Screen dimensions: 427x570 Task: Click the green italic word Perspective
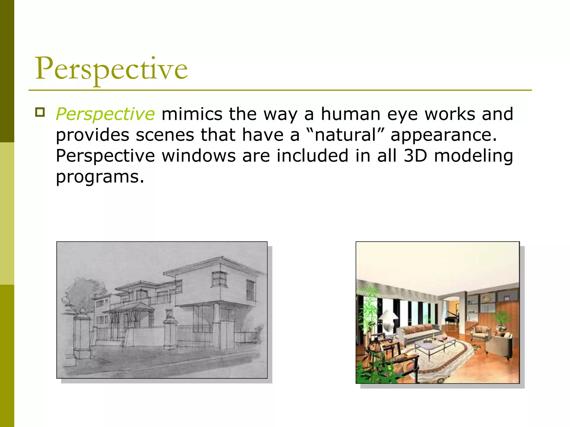[x=105, y=114]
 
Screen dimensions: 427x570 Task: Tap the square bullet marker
[x=40, y=113]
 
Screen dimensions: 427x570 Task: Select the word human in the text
[x=350, y=114]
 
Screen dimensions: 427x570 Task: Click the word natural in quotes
[x=345, y=135]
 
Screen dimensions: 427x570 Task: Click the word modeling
[x=473, y=156]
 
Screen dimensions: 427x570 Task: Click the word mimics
[x=192, y=114]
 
